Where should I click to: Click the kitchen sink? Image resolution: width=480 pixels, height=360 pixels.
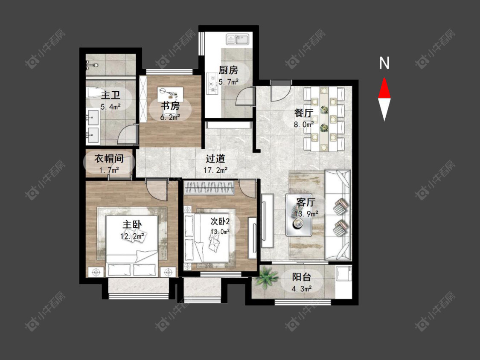tap(238, 40)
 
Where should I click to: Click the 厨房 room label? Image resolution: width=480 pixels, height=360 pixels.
tap(228, 70)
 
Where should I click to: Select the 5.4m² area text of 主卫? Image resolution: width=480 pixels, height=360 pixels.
tap(111, 107)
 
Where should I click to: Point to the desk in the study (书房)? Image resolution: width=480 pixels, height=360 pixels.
tap(170, 94)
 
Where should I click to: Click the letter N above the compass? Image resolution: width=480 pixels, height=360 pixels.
tap(384, 63)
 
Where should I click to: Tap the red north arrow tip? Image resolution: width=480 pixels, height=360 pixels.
tap(384, 78)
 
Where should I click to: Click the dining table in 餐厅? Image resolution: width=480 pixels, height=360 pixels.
tap(324, 119)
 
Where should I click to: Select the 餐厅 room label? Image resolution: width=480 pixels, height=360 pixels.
tap(304, 113)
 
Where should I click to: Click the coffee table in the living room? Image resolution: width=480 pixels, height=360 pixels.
tap(299, 215)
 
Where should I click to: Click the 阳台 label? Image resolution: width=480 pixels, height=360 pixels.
tap(302, 277)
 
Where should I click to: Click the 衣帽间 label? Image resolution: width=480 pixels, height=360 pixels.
tap(109, 159)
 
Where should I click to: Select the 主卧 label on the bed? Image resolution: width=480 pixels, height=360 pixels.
tap(132, 224)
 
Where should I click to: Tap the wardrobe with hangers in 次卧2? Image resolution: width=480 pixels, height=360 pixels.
tap(210, 188)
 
